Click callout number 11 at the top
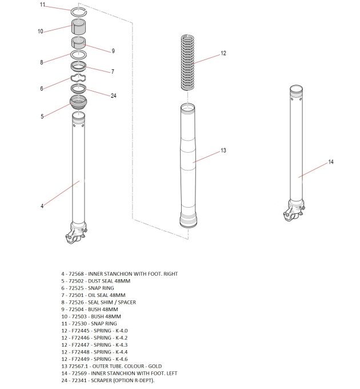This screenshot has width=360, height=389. coord(42,5)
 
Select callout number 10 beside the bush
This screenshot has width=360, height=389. coord(41,31)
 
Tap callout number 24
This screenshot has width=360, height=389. coord(113,96)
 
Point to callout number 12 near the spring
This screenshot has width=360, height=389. coord(223,53)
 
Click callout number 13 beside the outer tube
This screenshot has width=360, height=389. coord(223,150)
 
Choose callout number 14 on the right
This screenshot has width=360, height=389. coord(331,162)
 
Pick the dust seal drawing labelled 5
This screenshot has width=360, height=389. coord(78,104)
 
